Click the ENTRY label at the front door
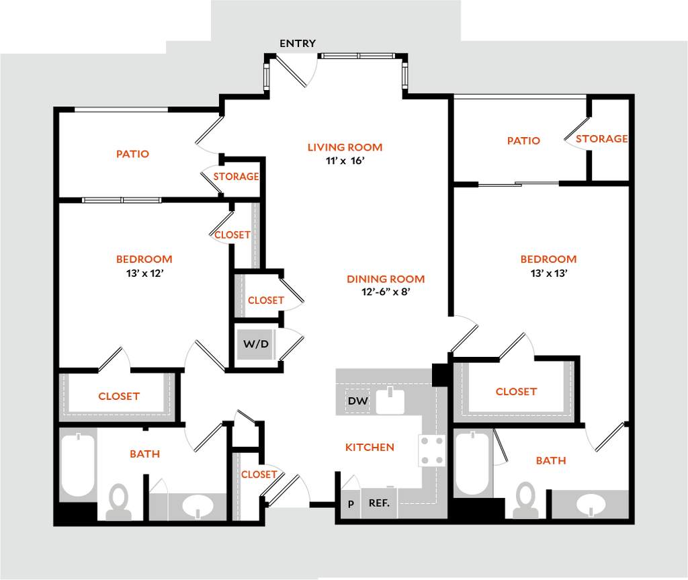(x=298, y=44)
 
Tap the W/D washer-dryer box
(x=256, y=344)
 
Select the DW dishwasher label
(x=357, y=401)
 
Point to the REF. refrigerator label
(x=379, y=503)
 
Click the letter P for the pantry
(x=351, y=503)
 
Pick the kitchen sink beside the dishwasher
(x=390, y=401)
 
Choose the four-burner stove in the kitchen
(x=431, y=450)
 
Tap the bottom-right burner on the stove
(x=439, y=460)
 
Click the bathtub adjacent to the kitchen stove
(x=472, y=463)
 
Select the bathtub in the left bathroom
(x=79, y=464)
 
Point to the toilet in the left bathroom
(x=119, y=502)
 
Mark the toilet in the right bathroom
(x=525, y=501)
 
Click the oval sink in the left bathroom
(x=198, y=506)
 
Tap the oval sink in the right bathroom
(x=591, y=503)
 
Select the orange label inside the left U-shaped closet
(x=120, y=396)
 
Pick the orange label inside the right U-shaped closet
(x=516, y=392)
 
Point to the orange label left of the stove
(x=369, y=447)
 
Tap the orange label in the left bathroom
(x=144, y=454)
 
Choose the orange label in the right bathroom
(x=550, y=461)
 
